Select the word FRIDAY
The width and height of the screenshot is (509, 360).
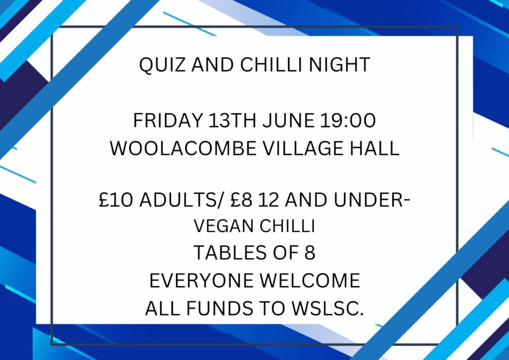(x=168, y=120)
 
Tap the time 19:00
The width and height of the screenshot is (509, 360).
(x=347, y=120)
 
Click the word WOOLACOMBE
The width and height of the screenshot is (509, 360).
(x=183, y=148)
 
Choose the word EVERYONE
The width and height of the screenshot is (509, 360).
(x=201, y=280)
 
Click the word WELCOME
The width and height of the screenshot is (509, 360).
(x=310, y=280)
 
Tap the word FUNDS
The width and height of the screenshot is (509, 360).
(x=219, y=308)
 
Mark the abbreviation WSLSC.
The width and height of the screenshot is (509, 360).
(x=327, y=308)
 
